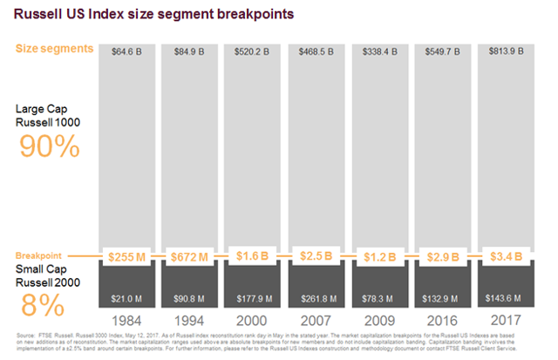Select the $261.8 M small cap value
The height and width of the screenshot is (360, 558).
(x=313, y=299)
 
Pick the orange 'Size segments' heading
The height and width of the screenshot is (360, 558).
(x=52, y=49)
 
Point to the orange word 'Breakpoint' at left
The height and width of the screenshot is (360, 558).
(x=40, y=255)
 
